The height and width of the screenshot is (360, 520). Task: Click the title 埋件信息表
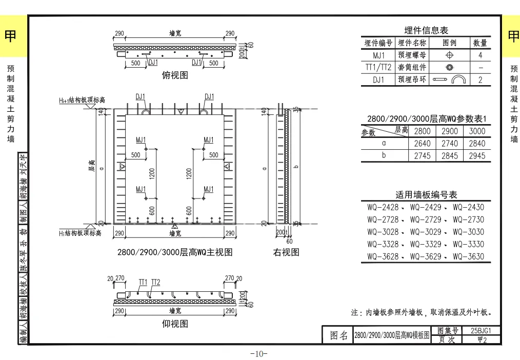tap(426, 31)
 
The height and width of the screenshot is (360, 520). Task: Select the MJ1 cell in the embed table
tap(378, 55)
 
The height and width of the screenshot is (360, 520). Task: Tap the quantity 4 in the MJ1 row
tap(480, 55)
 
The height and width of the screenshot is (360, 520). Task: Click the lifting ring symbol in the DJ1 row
tap(449, 79)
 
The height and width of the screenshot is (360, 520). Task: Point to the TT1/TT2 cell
tap(378, 68)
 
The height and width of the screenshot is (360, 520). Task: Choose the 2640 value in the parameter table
tap(422, 144)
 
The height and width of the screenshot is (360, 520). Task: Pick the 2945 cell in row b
tap(477, 156)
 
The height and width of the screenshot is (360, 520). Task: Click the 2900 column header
tap(450, 131)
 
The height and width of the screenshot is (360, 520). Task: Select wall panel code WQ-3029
tap(425, 244)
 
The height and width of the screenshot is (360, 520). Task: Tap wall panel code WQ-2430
tap(468, 207)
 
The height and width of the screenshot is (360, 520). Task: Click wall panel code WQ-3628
tap(383, 256)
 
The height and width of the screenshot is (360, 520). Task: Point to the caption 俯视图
tap(175, 75)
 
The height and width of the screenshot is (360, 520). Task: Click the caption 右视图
tap(286, 252)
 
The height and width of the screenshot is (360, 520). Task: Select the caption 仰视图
tap(175, 324)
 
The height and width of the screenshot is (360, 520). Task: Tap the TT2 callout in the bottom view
tap(155, 282)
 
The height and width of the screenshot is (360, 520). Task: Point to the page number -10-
tap(259, 354)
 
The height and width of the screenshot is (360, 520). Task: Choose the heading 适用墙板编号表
tap(426, 195)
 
